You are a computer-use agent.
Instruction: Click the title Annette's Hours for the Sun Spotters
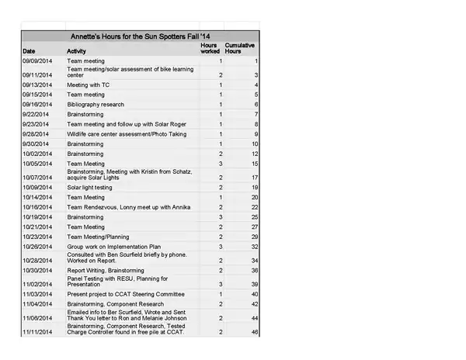[x=141, y=36]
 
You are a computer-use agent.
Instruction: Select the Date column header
[x=28, y=50]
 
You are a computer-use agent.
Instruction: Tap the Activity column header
[x=77, y=50]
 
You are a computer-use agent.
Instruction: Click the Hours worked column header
[x=210, y=48]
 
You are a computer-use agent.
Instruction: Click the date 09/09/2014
[x=37, y=61]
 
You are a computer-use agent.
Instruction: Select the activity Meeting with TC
[x=89, y=85]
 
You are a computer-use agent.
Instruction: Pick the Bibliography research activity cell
[x=96, y=104]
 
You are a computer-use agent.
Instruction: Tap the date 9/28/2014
[x=36, y=133]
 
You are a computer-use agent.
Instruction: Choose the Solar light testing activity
[x=90, y=187]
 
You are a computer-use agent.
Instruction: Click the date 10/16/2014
[x=37, y=207]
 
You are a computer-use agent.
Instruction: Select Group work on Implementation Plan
[x=113, y=246]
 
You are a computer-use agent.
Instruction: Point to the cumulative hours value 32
[x=254, y=246]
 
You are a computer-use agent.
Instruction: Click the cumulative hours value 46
[x=254, y=332]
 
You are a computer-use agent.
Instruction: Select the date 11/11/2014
[x=37, y=332]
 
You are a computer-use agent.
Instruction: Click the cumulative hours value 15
[x=254, y=164]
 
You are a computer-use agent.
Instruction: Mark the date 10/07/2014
[x=37, y=178]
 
